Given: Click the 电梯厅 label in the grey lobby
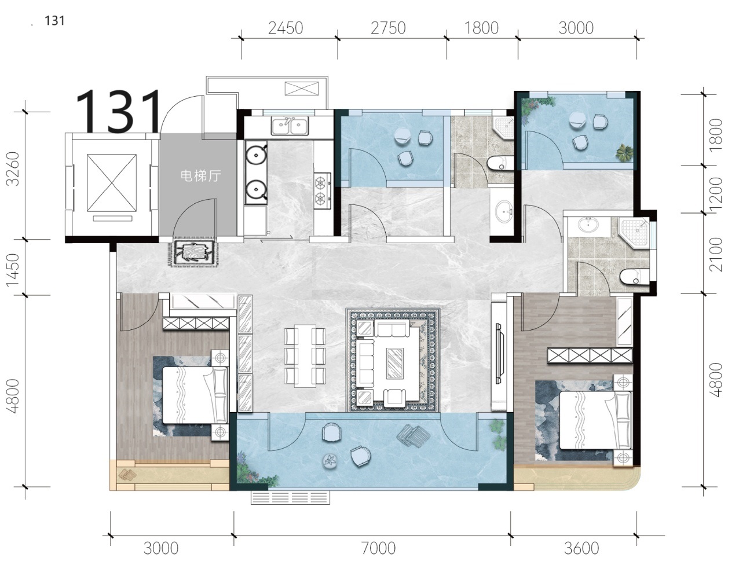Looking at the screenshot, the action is point(200,175).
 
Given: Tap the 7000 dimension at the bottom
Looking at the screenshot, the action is point(378,548).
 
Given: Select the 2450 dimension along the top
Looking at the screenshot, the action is point(286,28).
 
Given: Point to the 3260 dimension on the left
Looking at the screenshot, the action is point(13,168).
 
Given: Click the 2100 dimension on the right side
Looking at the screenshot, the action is point(716,254).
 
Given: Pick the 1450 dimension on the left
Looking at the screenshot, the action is point(13,270).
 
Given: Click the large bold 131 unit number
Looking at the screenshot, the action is point(119,111).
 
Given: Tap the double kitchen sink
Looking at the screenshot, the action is point(290,127).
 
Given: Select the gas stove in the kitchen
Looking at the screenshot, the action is point(323,191).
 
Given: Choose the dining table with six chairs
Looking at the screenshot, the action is point(305,356).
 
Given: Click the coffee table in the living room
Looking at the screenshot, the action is point(395,363).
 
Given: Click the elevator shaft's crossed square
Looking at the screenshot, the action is point(111,183).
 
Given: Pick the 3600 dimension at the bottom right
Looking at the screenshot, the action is point(581,548).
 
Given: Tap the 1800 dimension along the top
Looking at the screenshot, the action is point(481,28).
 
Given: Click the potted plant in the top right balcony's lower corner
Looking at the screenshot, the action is point(624,153).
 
